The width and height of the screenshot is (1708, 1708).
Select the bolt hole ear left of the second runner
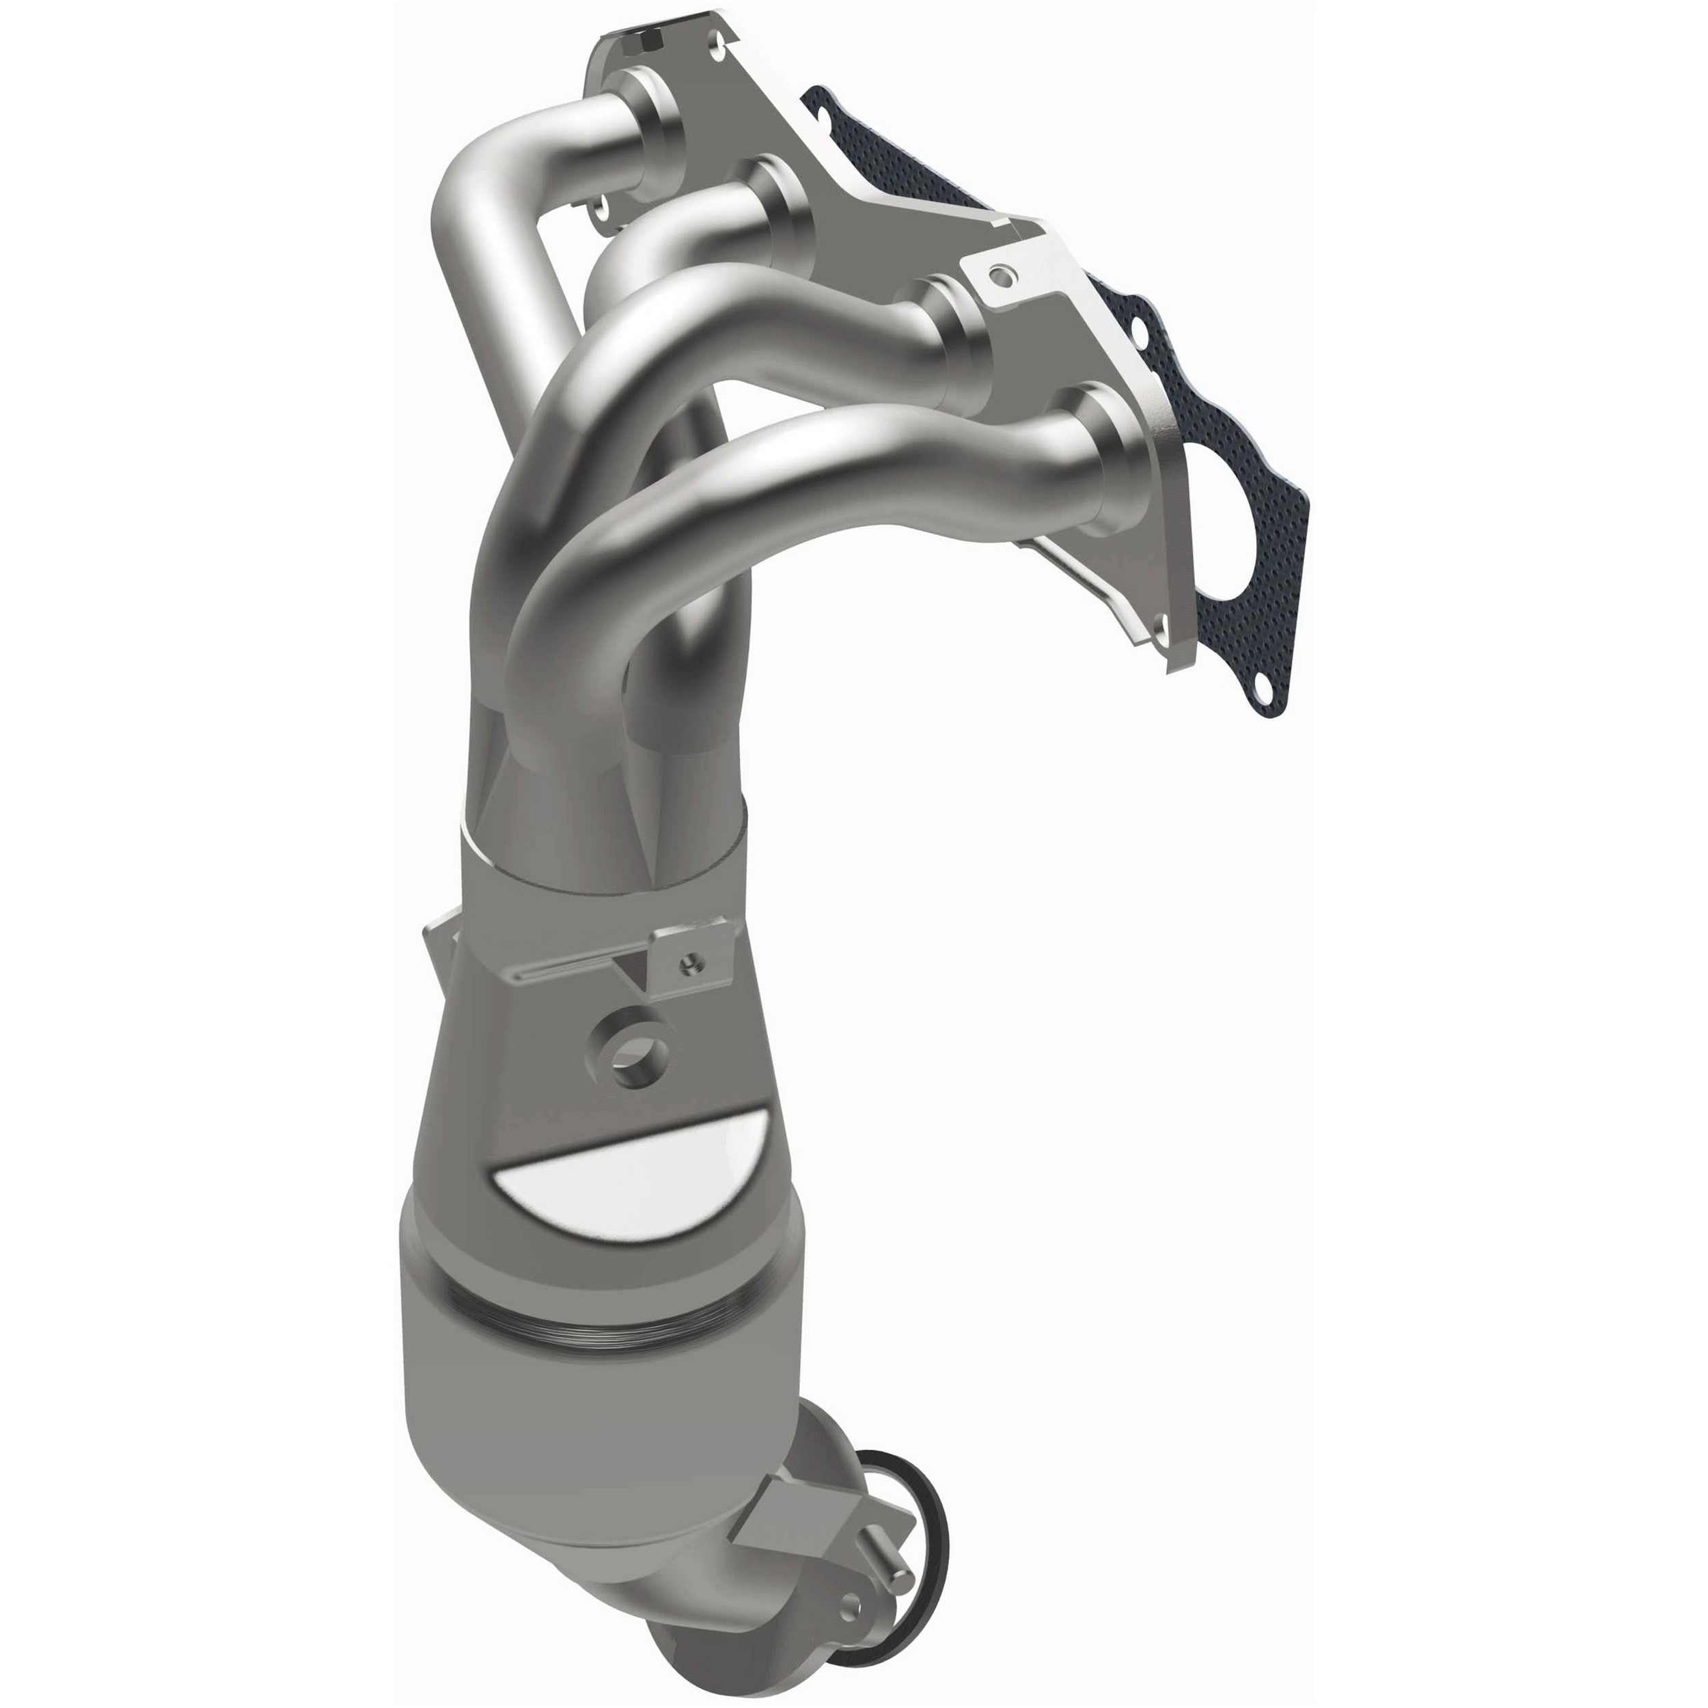click(603, 211)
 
